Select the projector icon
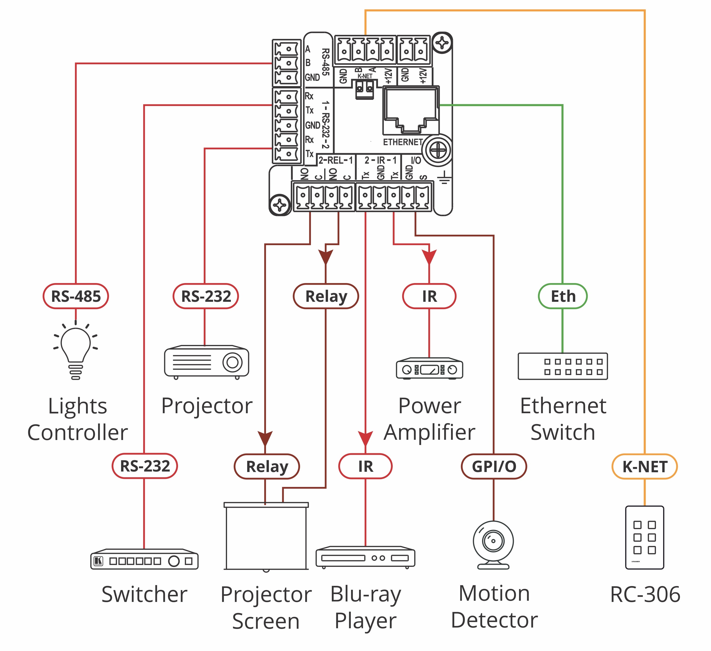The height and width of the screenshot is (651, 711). tap(207, 362)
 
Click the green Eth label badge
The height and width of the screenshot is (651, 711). tap(563, 296)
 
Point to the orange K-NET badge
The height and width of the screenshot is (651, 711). tap(644, 467)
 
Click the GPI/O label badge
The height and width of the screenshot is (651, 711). tap(494, 467)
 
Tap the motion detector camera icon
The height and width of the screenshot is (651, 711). tap(493, 545)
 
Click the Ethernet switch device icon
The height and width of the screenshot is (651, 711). tap(563, 366)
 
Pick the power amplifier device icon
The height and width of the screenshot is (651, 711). tap(429, 369)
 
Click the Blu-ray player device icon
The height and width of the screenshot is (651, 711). tap(365, 558)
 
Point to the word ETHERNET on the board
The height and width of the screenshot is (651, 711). tap(403, 142)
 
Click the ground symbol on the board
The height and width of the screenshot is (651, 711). tap(444, 178)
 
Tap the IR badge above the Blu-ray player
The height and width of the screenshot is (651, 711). tap(365, 467)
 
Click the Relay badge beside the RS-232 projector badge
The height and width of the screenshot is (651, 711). tap(326, 296)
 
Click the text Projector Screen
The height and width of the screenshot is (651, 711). tap(266, 608)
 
